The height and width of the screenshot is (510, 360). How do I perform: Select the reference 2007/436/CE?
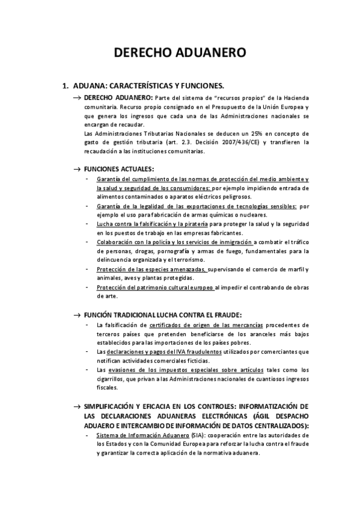pos(235,143)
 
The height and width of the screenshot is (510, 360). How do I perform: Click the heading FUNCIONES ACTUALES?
pos(119,169)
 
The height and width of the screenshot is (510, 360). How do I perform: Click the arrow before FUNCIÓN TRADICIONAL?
pos(78,315)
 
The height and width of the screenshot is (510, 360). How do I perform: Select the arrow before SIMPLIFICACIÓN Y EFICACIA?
pos(78,407)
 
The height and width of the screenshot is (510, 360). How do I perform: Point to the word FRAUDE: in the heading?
pos(225,315)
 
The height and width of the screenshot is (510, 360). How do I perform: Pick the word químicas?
pos(219,215)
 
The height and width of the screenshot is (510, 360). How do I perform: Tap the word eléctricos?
pos(203,197)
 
